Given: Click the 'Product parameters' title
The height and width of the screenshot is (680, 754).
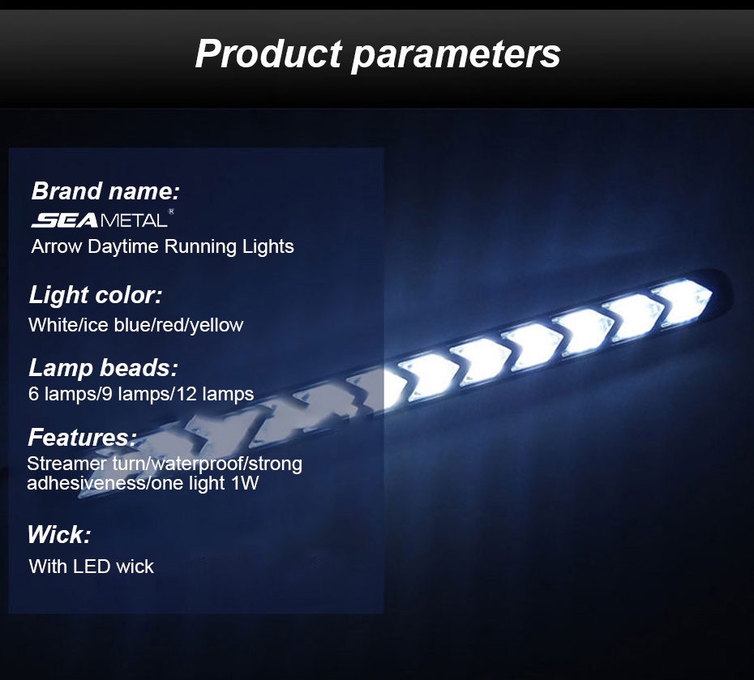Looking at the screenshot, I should click(x=377, y=53).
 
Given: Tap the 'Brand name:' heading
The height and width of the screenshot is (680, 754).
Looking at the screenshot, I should click(x=105, y=192).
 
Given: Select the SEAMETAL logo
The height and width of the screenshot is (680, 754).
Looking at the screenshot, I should click(x=98, y=220).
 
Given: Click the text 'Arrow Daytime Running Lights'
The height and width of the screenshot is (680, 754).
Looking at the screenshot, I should click(x=162, y=246).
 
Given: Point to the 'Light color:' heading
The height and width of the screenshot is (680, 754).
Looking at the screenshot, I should click(x=96, y=295).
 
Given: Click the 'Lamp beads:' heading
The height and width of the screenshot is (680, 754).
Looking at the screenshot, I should click(x=103, y=368).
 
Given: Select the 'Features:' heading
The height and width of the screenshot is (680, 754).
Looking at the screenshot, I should click(x=82, y=438).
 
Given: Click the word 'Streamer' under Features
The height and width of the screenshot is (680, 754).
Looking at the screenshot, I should click(x=62, y=464).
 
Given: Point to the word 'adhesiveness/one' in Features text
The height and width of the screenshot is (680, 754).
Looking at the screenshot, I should click(x=90, y=484).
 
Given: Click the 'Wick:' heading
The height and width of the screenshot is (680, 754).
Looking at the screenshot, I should click(x=58, y=535).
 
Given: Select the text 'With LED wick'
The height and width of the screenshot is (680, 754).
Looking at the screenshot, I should click(x=91, y=567).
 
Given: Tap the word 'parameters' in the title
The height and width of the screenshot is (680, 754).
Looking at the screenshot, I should click(x=456, y=53).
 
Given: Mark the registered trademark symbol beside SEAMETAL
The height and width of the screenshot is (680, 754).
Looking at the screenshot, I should click(x=171, y=212).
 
